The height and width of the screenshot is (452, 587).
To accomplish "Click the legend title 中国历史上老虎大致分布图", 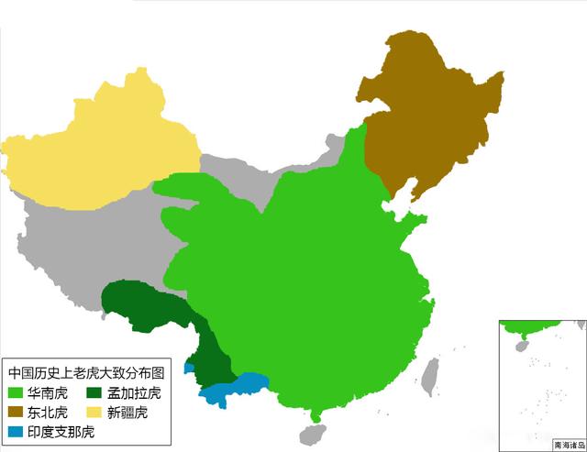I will point(86,373).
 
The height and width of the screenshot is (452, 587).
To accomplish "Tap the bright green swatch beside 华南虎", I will point(16,393).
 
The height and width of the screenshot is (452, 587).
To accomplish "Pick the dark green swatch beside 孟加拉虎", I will point(94,393).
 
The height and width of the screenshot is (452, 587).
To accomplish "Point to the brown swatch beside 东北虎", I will point(16,413).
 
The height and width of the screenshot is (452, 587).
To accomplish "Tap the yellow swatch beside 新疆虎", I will point(94,413).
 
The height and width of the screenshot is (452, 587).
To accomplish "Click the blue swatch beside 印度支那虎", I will point(16,432).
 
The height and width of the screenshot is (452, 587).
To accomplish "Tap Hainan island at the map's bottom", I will point(313,432).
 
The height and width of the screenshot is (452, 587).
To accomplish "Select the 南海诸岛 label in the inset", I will point(569,445).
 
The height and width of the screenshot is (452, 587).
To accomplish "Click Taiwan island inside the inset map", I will point(524,346).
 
